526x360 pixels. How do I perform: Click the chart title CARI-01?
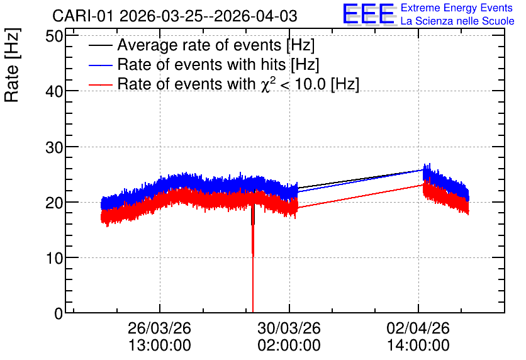click(83, 16)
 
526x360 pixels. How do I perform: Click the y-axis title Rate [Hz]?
click(12, 65)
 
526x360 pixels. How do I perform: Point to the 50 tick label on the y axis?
click(54, 36)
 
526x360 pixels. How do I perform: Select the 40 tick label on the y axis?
click(54, 91)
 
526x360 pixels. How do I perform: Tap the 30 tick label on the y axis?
click(54, 147)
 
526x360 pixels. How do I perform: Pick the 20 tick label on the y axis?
click(54, 203)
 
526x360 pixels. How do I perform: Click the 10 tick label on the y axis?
click(54, 258)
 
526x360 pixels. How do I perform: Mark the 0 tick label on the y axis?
click(59, 313)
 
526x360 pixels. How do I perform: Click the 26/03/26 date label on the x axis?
click(159, 328)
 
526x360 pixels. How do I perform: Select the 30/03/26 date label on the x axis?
click(289, 328)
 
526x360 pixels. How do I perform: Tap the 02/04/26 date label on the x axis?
click(418, 328)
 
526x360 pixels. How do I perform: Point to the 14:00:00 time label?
click(418, 346)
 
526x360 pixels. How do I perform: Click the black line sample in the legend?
click(100, 45)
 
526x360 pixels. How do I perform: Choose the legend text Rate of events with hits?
click(201, 64)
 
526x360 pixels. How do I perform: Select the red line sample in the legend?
click(100, 84)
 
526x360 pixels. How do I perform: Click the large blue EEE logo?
click(369, 14)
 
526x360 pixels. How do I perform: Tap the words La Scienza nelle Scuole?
click(457, 21)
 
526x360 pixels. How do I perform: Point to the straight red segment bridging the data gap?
click(361, 196)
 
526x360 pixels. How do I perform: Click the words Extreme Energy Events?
click(457, 8)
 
